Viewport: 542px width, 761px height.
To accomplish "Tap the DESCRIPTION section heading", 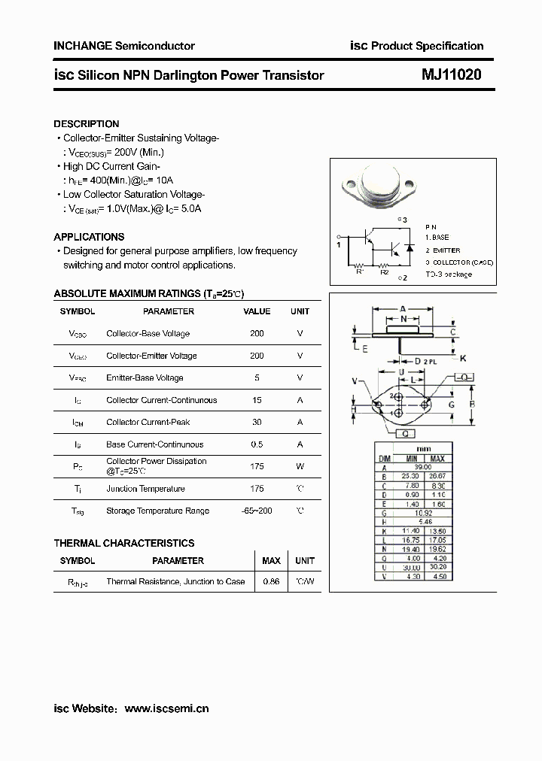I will [x=87, y=124].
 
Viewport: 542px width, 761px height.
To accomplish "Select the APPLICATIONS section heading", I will [x=89, y=237].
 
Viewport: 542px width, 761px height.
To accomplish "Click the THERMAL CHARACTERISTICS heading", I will [x=124, y=543].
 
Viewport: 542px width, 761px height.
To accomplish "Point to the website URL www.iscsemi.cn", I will [x=166, y=708].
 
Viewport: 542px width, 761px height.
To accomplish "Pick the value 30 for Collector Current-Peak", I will [x=257, y=423].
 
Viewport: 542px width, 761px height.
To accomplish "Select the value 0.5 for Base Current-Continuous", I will [x=257, y=444].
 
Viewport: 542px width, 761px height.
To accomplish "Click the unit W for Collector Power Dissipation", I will [x=300, y=466].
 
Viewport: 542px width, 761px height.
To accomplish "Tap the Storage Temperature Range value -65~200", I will [x=257, y=511].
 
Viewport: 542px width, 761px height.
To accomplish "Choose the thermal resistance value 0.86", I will [x=271, y=581].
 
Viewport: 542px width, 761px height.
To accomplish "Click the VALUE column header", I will [x=257, y=311].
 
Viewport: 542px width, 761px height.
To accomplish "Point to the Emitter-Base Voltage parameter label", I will [x=145, y=378].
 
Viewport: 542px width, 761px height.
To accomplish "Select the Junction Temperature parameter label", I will [x=145, y=489].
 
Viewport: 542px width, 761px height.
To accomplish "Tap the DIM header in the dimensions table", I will [x=384, y=459].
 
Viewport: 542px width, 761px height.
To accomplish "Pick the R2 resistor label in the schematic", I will [x=384, y=272].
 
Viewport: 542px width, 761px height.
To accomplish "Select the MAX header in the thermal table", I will [x=271, y=561].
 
